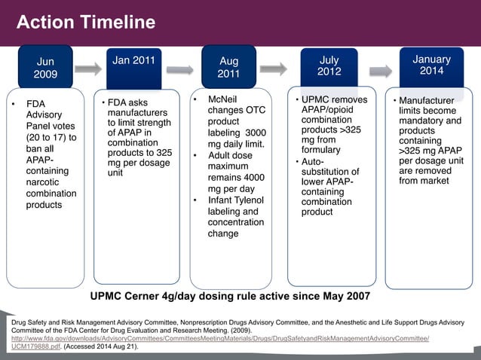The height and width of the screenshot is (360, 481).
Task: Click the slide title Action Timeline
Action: [86, 23]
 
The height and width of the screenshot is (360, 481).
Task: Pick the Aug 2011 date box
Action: [228, 68]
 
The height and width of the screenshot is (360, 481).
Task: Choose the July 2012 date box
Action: [329, 66]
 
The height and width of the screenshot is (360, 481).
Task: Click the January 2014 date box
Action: [431, 65]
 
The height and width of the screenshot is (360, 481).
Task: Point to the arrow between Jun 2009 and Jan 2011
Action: [87, 69]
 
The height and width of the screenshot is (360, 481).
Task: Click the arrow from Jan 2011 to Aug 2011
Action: [179, 70]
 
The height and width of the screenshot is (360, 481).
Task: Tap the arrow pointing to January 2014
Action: [380, 71]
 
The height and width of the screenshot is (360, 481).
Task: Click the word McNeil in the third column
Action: [225, 99]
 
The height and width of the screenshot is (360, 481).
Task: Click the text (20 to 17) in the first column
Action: [51, 138]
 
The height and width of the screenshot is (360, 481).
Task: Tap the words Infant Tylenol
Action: [237, 200]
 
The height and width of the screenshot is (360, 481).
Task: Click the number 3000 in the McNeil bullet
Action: [253, 132]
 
